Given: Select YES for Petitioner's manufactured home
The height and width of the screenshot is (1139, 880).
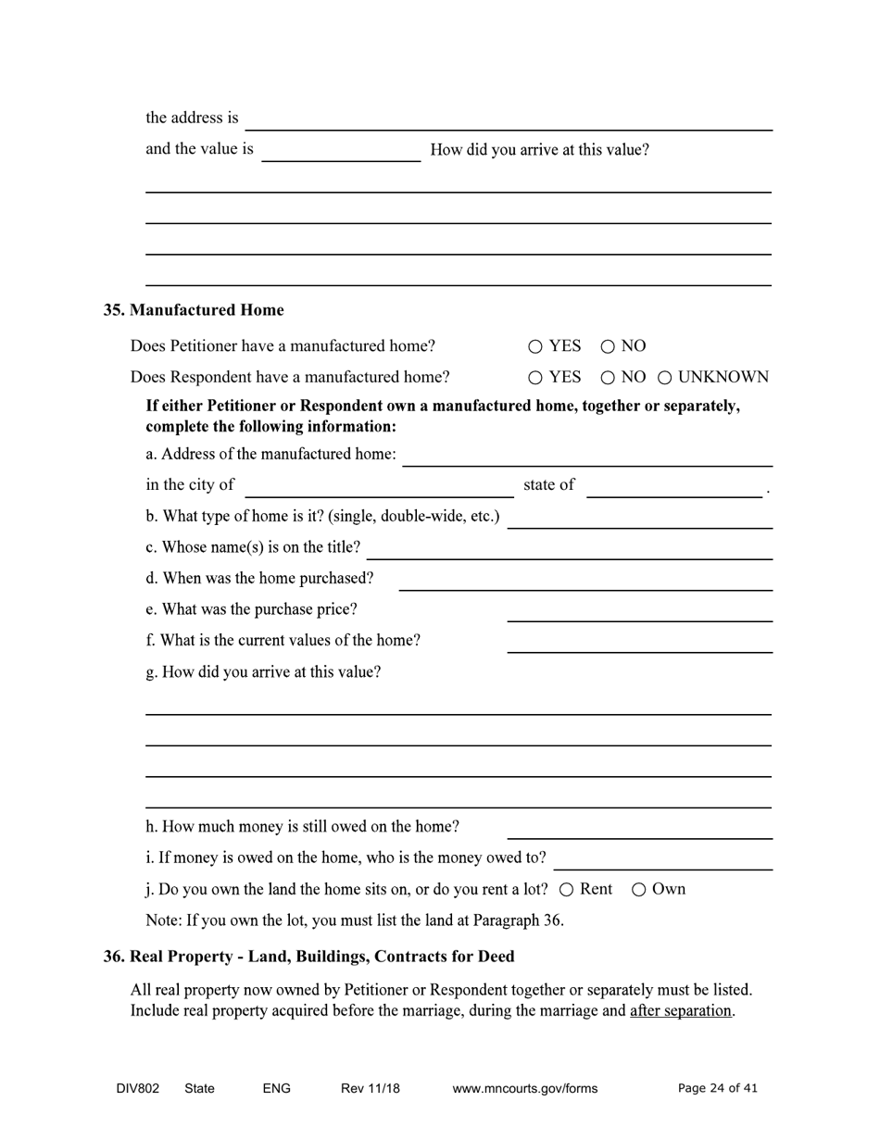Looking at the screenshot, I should [535, 347].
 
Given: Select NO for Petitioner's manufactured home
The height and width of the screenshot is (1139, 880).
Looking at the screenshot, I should [608, 347].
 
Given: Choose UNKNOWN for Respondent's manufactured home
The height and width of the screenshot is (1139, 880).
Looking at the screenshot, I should [664, 378].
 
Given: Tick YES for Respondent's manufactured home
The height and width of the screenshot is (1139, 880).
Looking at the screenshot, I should [535, 378].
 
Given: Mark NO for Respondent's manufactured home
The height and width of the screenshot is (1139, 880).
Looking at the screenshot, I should [608, 378].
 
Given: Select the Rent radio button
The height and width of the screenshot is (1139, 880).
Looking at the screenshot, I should [567, 890].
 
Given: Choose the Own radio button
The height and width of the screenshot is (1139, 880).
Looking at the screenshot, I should [639, 890].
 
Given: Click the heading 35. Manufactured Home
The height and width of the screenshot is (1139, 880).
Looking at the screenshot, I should [194, 310].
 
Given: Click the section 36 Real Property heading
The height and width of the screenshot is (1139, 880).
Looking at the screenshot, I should [308, 957].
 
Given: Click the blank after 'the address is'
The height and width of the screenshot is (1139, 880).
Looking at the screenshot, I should [509, 120].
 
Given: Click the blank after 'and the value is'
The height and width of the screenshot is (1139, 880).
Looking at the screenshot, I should [341, 151].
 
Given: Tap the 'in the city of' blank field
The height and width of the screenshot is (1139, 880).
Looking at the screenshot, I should [379, 486].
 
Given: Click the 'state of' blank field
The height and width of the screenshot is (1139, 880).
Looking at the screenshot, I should [674, 486].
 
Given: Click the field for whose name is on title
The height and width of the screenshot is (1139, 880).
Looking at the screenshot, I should [570, 549].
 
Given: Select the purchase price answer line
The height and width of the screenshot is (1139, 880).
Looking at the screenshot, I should [639, 611].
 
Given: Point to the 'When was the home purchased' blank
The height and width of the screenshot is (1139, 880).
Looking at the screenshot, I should [585, 580].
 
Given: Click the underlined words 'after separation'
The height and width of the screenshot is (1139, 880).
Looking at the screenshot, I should [681, 1011].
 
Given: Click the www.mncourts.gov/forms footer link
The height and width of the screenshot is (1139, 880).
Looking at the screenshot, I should [525, 1089].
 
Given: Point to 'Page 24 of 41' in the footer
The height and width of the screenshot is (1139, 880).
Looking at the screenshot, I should [718, 1089].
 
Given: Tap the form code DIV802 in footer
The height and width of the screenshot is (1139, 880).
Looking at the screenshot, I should [138, 1089].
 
